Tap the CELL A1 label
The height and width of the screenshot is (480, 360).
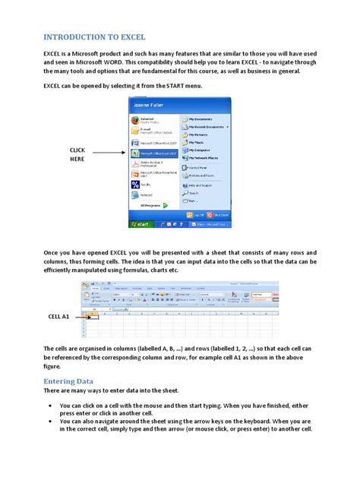tap(59, 316)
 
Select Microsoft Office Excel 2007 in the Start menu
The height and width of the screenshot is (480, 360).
tap(158, 153)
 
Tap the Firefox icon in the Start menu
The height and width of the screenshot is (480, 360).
tap(136, 120)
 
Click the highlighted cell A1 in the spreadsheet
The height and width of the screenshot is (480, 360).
tap(93, 315)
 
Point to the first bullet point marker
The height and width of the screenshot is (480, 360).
tap(50, 406)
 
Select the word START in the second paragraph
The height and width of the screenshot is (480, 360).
tap(171, 87)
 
